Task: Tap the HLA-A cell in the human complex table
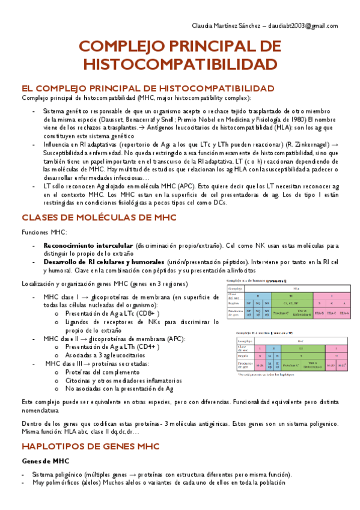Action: [344, 314]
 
